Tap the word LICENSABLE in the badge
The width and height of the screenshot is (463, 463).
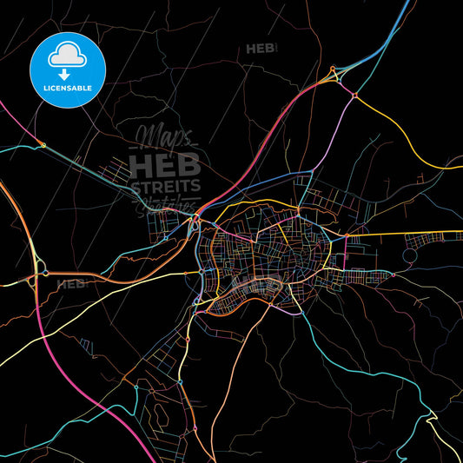click(67, 88)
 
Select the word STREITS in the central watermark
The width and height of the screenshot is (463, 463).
click(165, 186)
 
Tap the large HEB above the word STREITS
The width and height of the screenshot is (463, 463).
click(165, 162)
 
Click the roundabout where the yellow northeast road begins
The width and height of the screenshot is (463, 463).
click(354, 94)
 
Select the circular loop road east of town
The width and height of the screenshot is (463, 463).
click(413, 254)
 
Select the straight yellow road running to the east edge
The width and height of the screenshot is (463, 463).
click(408, 234)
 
